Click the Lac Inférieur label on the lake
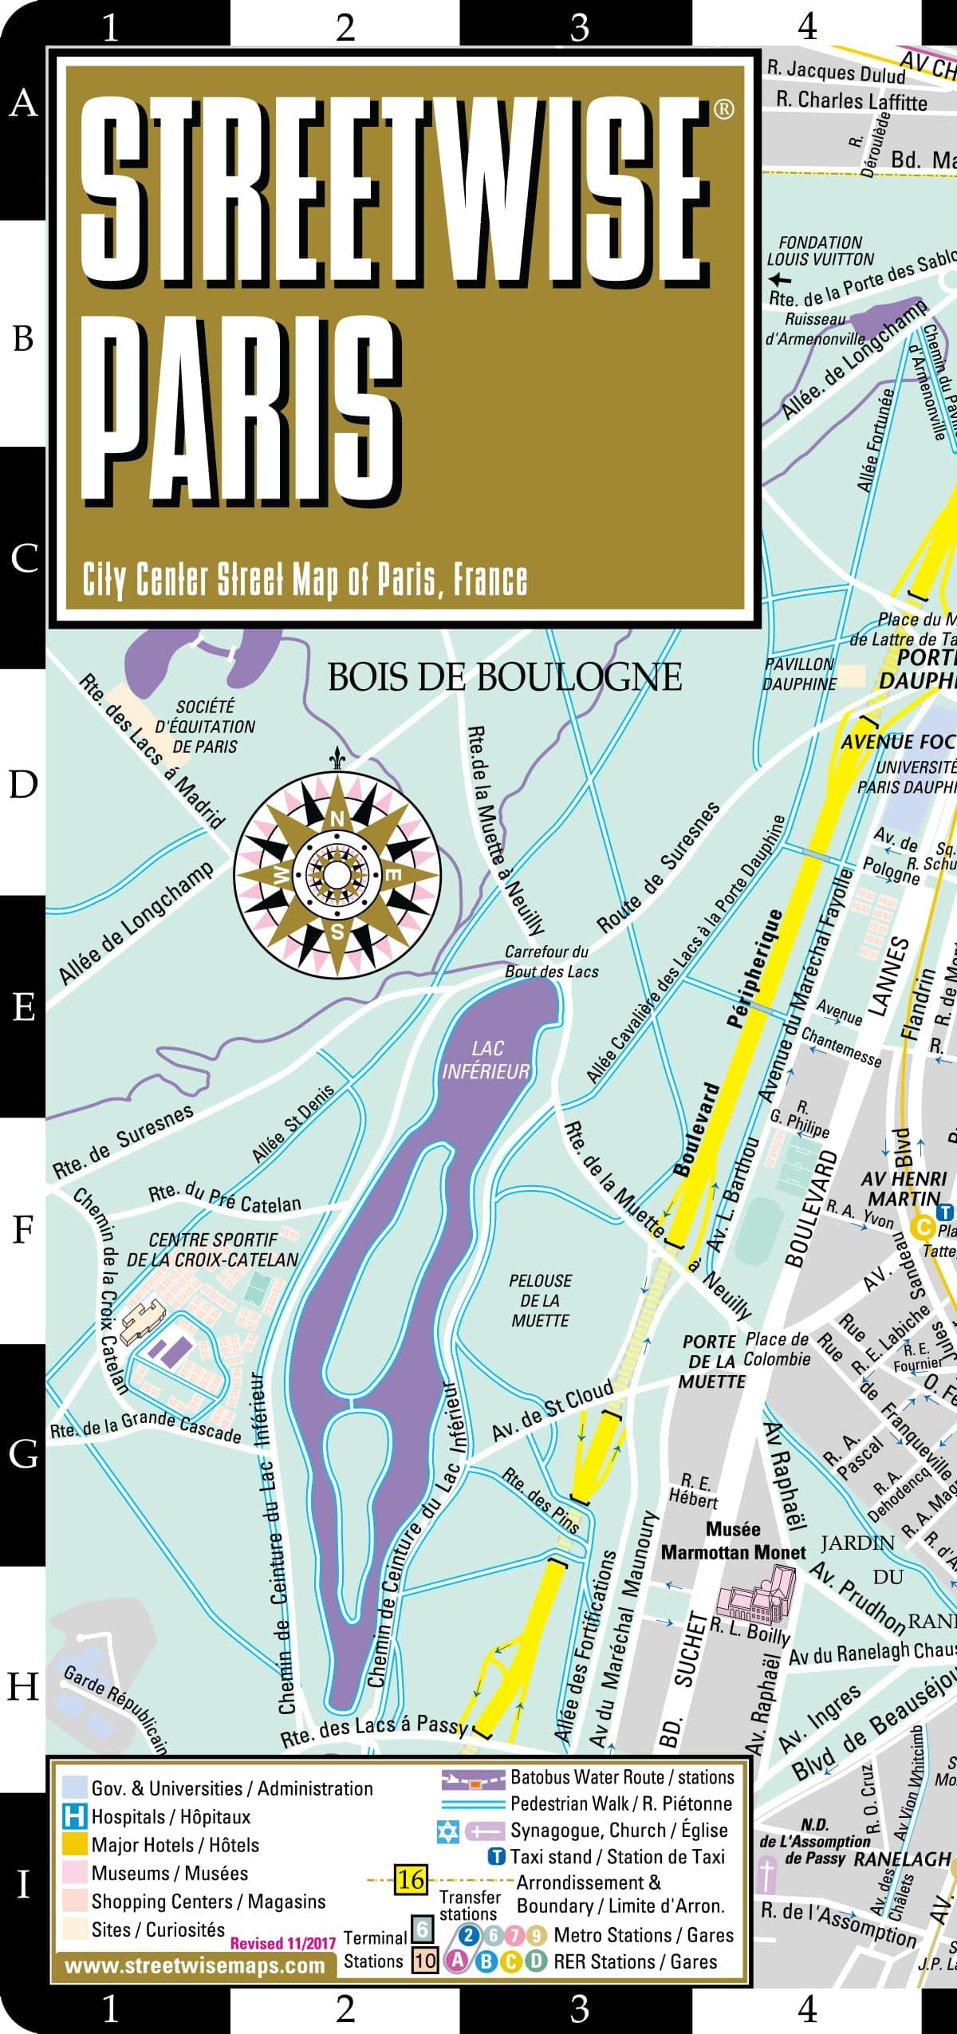pyautogui.click(x=486, y=1060)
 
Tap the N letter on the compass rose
pyautogui.click(x=337, y=819)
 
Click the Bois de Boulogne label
pyautogui.click(x=504, y=677)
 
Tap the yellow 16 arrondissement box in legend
pyautogui.click(x=411, y=1879)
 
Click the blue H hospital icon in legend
pyautogui.click(x=74, y=1816)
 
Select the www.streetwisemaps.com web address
pyautogui.click(x=195, y=1965)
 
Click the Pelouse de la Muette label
pyautogui.click(x=540, y=1300)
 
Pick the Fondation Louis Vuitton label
pyautogui.click(x=821, y=250)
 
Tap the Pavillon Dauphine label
pyautogui.click(x=800, y=674)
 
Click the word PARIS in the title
pyautogui.click(x=243, y=411)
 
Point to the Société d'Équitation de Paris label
pyautogui.click(x=205, y=727)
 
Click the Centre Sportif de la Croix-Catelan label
pyautogui.click(x=212, y=1250)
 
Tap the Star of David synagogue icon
pyautogui.click(x=448, y=1831)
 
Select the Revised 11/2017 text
pyautogui.click(x=283, y=1943)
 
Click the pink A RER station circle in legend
pyautogui.click(x=455, y=1961)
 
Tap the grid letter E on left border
pyautogui.click(x=23, y=1007)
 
